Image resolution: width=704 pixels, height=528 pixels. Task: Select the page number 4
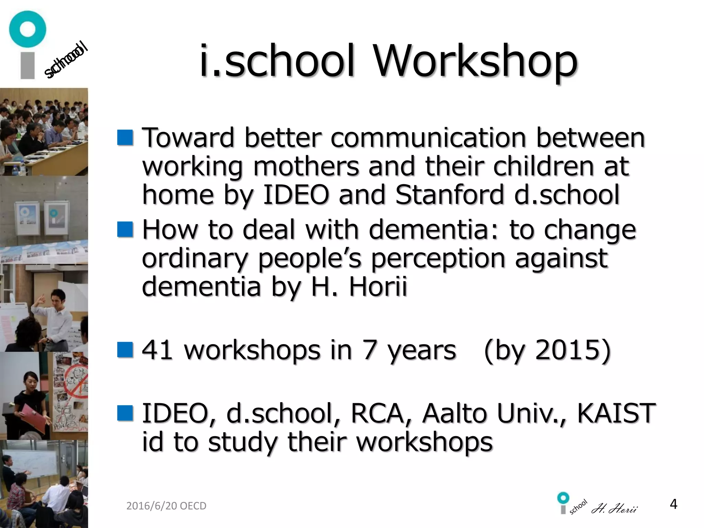(x=673, y=504)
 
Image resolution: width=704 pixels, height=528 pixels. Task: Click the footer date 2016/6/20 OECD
(x=166, y=506)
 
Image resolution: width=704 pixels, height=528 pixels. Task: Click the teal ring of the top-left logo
(x=27, y=29)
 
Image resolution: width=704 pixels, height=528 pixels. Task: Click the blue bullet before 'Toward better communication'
(x=125, y=137)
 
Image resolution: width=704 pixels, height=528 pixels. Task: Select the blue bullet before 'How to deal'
(x=125, y=229)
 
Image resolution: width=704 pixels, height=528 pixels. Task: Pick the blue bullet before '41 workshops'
(x=125, y=350)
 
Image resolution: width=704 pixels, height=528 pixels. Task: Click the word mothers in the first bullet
(x=306, y=166)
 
